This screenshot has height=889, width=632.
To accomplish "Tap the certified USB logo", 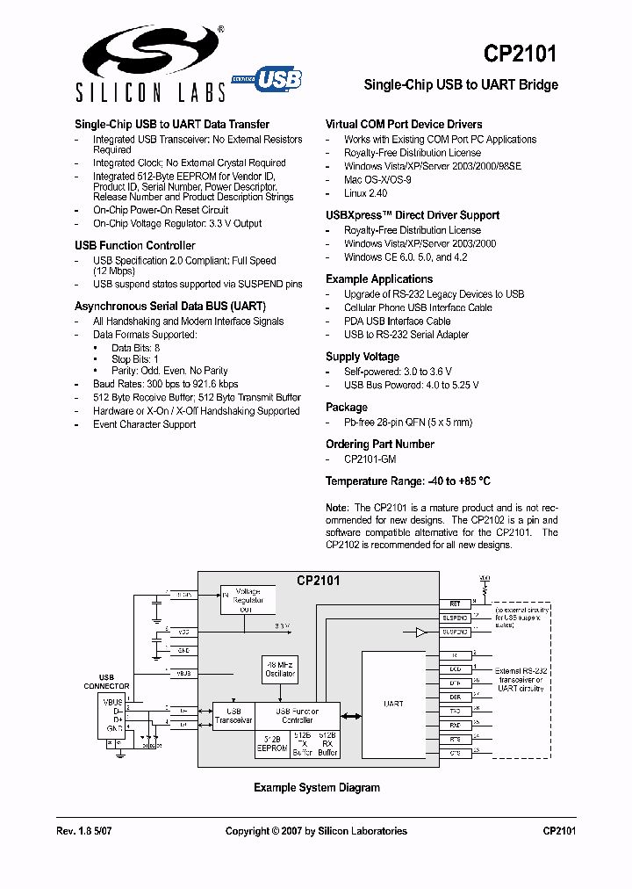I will [267, 80].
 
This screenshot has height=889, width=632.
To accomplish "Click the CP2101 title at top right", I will [520, 54].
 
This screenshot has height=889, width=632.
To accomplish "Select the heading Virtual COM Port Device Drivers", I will [404, 125].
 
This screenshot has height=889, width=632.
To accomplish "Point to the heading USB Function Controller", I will [134, 246].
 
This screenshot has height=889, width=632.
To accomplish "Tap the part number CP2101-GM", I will [370, 459].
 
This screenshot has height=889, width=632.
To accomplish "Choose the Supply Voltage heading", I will [362, 357].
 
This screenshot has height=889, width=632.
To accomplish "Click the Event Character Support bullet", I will [144, 425].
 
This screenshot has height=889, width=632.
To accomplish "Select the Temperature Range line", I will [407, 481].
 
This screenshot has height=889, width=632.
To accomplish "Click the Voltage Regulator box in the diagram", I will [246, 600].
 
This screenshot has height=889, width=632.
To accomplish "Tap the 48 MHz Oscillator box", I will [281, 669].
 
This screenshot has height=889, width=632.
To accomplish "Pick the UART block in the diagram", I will [394, 704].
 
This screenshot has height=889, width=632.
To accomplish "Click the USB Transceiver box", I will [233, 716].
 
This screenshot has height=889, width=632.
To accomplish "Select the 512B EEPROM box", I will [272, 743].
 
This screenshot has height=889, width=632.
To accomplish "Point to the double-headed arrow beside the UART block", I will [351, 717].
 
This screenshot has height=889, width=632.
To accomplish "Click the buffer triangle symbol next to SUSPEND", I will [421, 632].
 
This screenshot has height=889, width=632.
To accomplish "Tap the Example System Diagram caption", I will [316, 788].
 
